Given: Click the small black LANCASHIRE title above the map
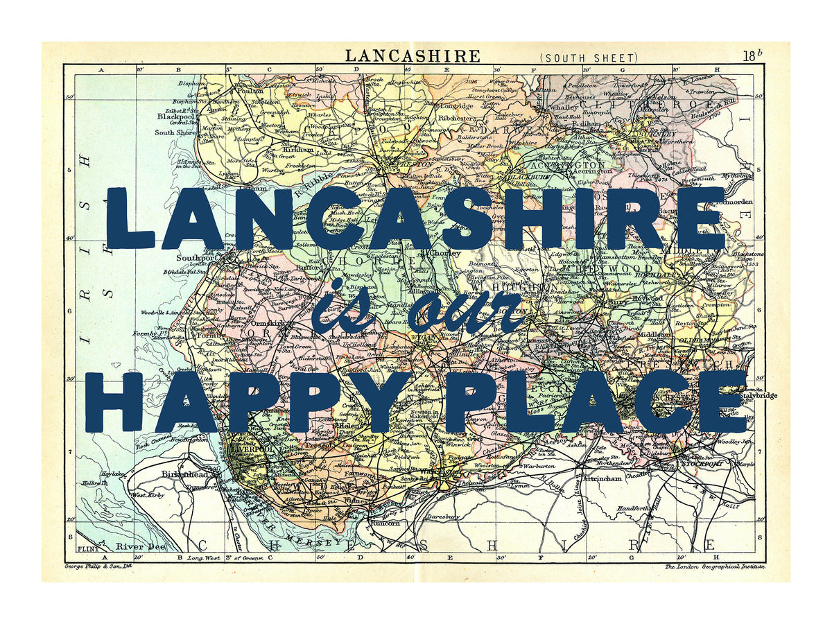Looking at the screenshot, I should tap(412, 55).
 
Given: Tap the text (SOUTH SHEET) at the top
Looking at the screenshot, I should tap(587, 58).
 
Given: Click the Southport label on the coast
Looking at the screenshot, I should tap(192, 258).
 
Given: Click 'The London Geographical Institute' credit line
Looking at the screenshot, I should tap(715, 566).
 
